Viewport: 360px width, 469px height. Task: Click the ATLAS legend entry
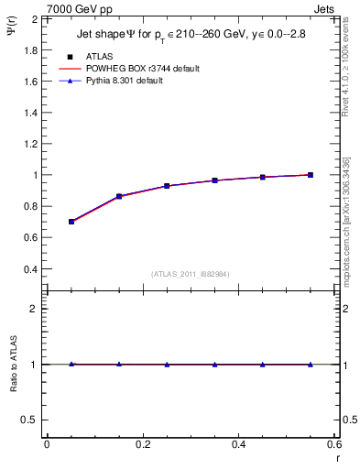coord(99,55)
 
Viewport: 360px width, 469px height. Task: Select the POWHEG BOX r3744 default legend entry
coord(141,68)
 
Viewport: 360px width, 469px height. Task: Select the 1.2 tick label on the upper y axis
coord(31,144)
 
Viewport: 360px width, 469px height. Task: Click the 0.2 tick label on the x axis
coord(142,444)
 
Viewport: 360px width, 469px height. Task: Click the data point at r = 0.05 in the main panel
coord(71,222)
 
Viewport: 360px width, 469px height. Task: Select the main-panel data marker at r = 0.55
coord(311,175)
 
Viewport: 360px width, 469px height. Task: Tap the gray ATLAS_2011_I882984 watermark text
coord(191,273)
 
